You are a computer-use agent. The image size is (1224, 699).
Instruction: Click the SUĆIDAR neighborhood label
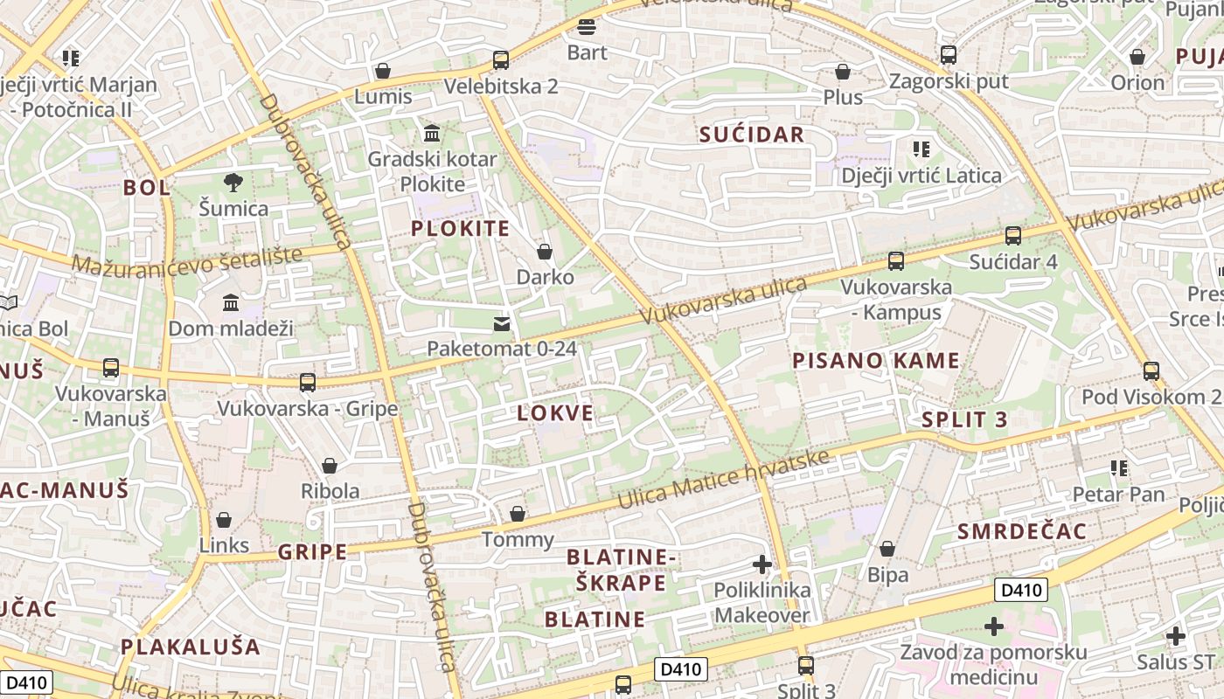(751, 134)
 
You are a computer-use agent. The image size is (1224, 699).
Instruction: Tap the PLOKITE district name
(460, 228)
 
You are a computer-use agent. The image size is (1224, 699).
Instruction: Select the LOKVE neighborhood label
(555, 413)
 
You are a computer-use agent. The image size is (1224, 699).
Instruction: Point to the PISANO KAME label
(875, 360)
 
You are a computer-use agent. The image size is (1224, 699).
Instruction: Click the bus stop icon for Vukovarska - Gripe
(308, 383)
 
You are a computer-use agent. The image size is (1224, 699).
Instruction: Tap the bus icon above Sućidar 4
(1012, 236)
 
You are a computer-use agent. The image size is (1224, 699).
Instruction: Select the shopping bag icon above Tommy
(518, 514)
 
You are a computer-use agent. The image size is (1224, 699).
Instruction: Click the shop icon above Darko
(545, 253)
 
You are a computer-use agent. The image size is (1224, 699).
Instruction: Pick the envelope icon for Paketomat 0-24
(501, 324)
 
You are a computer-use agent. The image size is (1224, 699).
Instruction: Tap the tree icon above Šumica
(233, 183)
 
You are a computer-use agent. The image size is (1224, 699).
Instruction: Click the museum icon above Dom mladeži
(231, 303)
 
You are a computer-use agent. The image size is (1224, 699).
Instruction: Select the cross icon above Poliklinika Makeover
(762, 564)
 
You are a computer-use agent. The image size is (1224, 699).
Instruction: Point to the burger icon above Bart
(587, 27)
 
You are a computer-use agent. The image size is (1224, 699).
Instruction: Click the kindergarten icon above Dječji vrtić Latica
(921, 149)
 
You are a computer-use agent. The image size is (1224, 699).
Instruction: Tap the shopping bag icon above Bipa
(887, 550)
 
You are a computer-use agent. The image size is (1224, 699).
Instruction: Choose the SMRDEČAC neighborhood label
(1021, 531)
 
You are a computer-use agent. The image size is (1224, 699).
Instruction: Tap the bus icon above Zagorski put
(949, 55)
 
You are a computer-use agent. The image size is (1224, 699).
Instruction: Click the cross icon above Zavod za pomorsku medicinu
(993, 626)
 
